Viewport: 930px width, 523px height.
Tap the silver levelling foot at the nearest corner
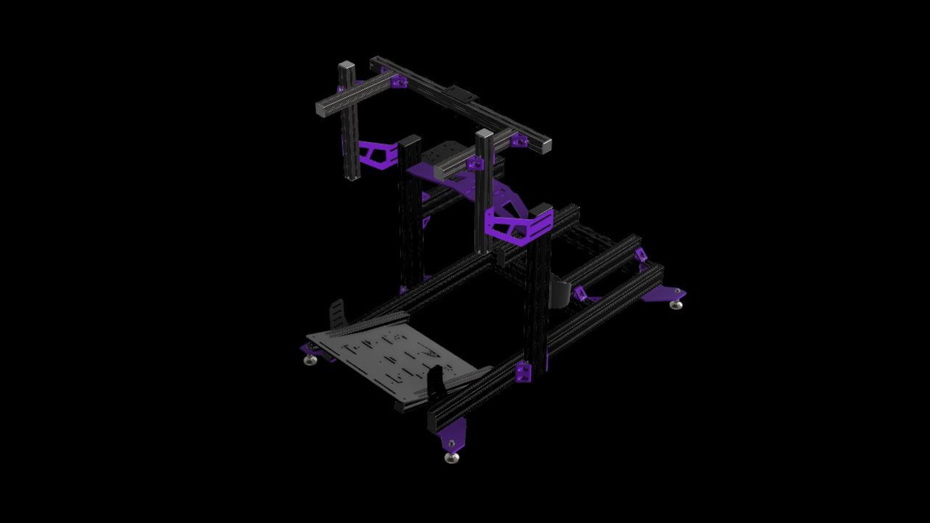click(451, 457)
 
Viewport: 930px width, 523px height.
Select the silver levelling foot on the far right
click(676, 304)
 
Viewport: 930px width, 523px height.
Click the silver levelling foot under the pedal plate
click(310, 360)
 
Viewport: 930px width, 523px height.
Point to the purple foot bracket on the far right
click(665, 293)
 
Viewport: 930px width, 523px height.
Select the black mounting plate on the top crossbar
click(460, 94)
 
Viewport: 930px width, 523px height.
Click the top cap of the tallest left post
click(347, 66)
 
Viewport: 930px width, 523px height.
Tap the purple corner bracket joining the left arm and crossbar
click(399, 81)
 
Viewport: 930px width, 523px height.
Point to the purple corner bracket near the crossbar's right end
click(519, 141)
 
